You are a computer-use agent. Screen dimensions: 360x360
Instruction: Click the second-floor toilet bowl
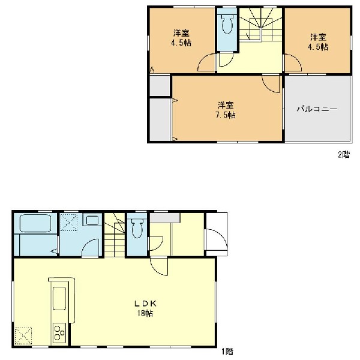[227, 23]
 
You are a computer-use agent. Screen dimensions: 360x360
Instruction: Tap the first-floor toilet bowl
[137, 229]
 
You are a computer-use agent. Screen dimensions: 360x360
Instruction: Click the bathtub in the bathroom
[35, 223]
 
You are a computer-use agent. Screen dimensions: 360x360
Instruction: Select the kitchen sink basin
[59, 298]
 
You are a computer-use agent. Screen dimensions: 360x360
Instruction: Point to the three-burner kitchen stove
[59, 332]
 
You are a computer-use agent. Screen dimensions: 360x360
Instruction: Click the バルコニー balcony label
[317, 109]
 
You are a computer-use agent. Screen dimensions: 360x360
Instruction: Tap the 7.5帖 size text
[226, 115]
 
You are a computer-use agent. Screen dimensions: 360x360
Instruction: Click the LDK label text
[145, 304]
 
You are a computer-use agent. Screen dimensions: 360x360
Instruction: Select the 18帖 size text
[145, 313]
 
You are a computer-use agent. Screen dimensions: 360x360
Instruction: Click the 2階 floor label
[344, 155]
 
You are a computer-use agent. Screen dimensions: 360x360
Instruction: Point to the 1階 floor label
[227, 351]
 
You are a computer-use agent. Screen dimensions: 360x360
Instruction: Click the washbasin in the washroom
[92, 220]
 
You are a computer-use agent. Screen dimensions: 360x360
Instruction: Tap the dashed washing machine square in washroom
[69, 222]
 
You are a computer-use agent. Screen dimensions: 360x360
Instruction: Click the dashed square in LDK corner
[23, 336]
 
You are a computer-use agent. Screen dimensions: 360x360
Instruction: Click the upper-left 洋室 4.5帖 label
[181, 38]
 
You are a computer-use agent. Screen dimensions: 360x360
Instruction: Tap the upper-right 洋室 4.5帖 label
[318, 42]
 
